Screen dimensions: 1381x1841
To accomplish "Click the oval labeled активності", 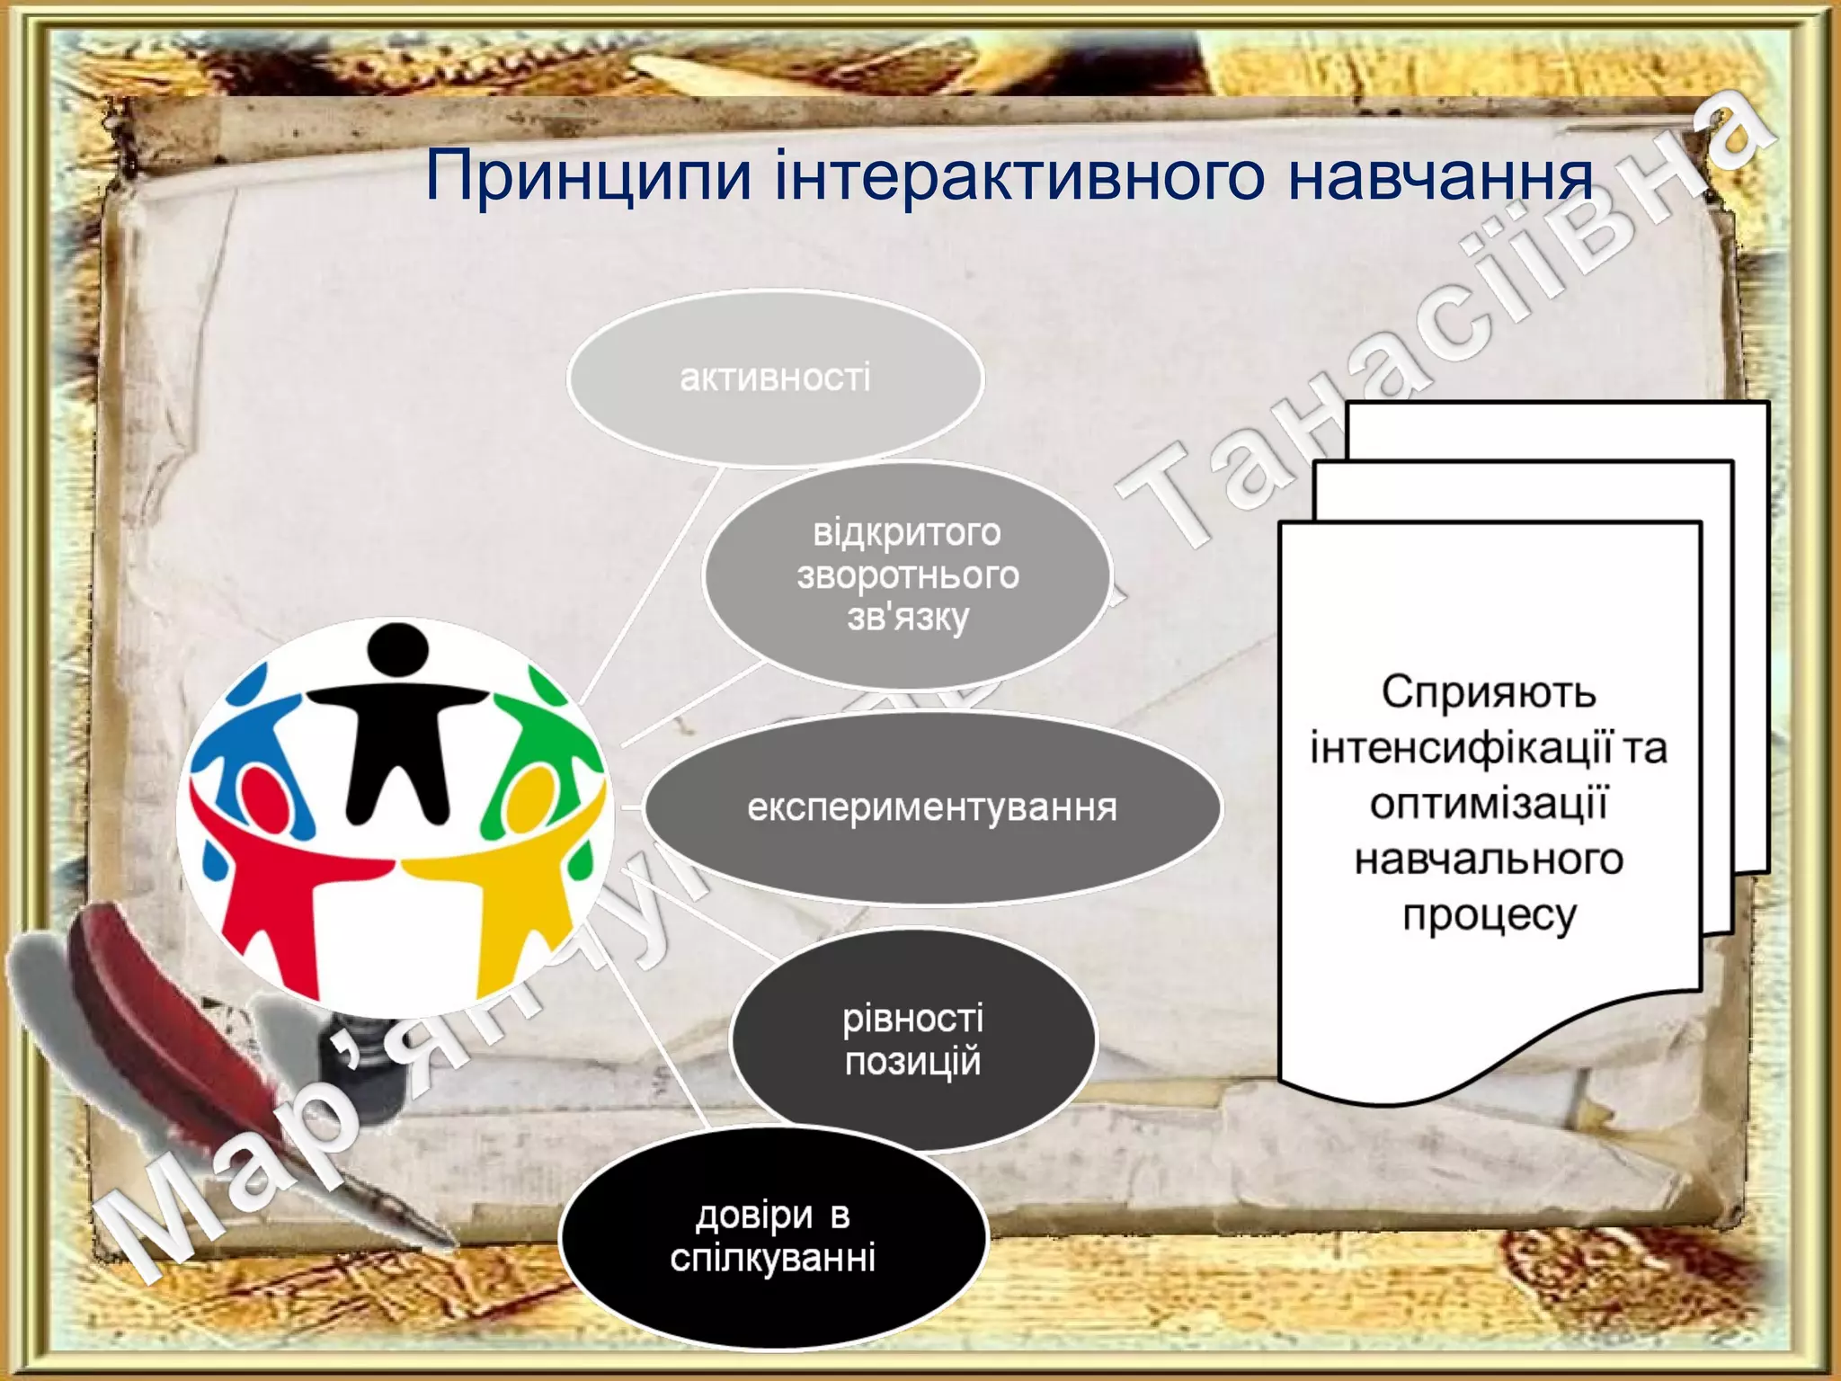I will (x=775, y=378).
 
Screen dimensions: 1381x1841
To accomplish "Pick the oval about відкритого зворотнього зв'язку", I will (x=906, y=575).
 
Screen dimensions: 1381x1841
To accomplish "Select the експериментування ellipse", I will (x=932, y=807).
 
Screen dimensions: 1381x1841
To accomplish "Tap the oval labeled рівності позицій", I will (x=912, y=1040).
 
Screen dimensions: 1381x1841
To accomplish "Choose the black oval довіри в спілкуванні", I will (x=773, y=1237).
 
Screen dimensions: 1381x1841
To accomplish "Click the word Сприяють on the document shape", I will (x=1488, y=692).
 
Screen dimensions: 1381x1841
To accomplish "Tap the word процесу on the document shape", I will (x=1490, y=915).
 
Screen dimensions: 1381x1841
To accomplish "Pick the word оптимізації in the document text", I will (x=1489, y=804).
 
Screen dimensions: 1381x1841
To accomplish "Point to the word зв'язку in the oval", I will (x=907, y=618).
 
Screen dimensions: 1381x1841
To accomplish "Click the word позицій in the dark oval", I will (x=912, y=1062).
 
